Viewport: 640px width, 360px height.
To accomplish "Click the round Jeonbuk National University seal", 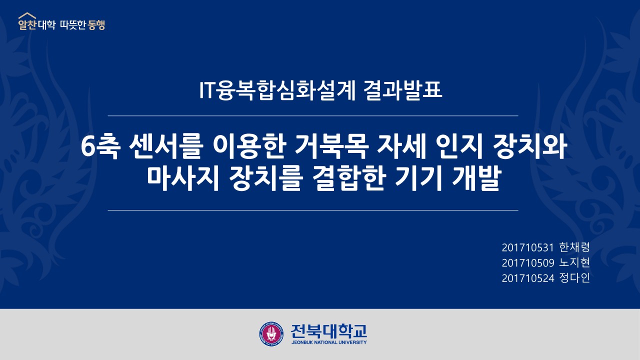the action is click(x=271, y=333).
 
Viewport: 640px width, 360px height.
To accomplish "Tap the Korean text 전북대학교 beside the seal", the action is click(x=328, y=331).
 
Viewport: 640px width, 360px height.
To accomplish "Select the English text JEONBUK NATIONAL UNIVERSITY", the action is click(x=329, y=342).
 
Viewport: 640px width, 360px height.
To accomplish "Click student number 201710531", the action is click(x=527, y=247).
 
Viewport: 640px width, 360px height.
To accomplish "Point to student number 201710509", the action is click(x=527, y=263).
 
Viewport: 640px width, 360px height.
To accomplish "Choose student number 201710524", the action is click(x=527, y=278).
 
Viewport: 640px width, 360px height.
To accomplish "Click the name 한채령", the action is click(x=574, y=247).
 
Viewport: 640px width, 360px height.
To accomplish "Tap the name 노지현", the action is click(x=574, y=262).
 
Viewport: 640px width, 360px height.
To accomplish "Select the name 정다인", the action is click(x=574, y=277).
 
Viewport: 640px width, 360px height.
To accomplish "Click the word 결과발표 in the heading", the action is click(x=403, y=90).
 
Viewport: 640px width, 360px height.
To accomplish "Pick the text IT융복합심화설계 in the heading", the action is click(x=277, y=90).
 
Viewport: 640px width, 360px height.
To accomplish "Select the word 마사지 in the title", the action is click(x=183, y=179).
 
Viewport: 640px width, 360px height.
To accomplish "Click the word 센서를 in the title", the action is click(x=166, y=147).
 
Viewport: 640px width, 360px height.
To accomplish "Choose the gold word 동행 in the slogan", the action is click(x=96, y=25).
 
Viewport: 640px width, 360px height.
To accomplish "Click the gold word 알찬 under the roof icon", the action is click(x=27, y=25).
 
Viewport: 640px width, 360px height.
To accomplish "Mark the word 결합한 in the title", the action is click(x=349, y=179).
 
